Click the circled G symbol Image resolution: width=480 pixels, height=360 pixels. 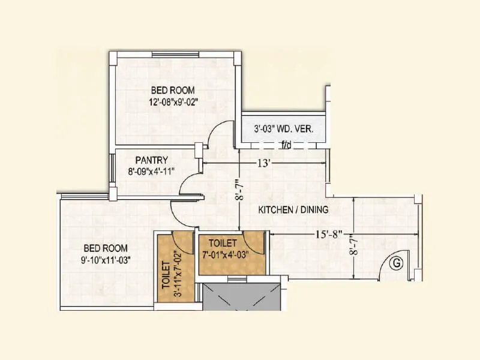395,262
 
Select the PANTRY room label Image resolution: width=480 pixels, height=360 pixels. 151,160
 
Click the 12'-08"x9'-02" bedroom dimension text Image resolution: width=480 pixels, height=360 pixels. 173,101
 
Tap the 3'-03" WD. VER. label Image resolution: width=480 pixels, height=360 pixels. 283,129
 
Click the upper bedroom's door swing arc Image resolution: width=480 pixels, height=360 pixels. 220,132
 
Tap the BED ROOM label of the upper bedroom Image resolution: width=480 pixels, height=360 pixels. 173,91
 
